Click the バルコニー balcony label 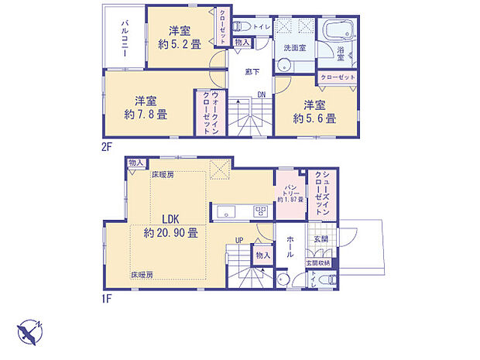pos(124,36)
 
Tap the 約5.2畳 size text pos(180,45)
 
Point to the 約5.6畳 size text pos(314,119)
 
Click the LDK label pos(171,219)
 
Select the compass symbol pos(32,332)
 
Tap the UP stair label pos(239,239)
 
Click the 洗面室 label pos(295,48)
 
